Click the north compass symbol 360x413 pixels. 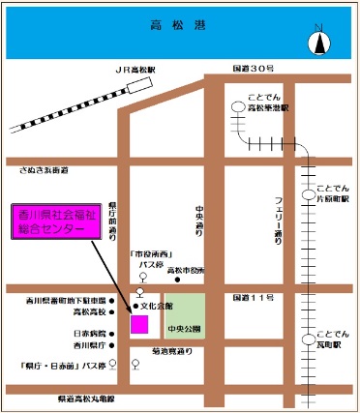pos(318,43)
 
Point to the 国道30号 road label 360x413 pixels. pos(254,70)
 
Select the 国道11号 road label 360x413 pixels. pos(253,298)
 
